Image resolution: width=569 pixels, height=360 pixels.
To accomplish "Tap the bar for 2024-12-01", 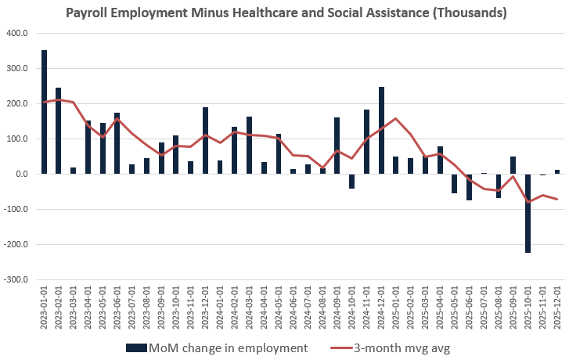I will point(381,131).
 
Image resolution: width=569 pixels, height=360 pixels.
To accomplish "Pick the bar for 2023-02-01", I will point(59,131).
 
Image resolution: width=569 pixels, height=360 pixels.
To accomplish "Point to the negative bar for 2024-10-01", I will point(352,181).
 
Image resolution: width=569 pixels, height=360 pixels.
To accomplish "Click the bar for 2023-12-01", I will point(205,141).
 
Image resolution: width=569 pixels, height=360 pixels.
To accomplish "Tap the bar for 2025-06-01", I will point(469,187).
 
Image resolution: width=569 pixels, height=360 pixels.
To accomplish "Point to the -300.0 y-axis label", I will point(16,279).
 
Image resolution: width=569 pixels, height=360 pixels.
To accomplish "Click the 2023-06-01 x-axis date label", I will point(117,309).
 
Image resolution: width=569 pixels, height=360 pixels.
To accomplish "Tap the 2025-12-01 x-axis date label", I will point(556,309).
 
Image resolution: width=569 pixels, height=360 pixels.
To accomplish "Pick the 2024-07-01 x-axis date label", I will point(308,309).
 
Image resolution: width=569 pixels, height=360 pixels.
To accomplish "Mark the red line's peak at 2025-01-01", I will point(396,119).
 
